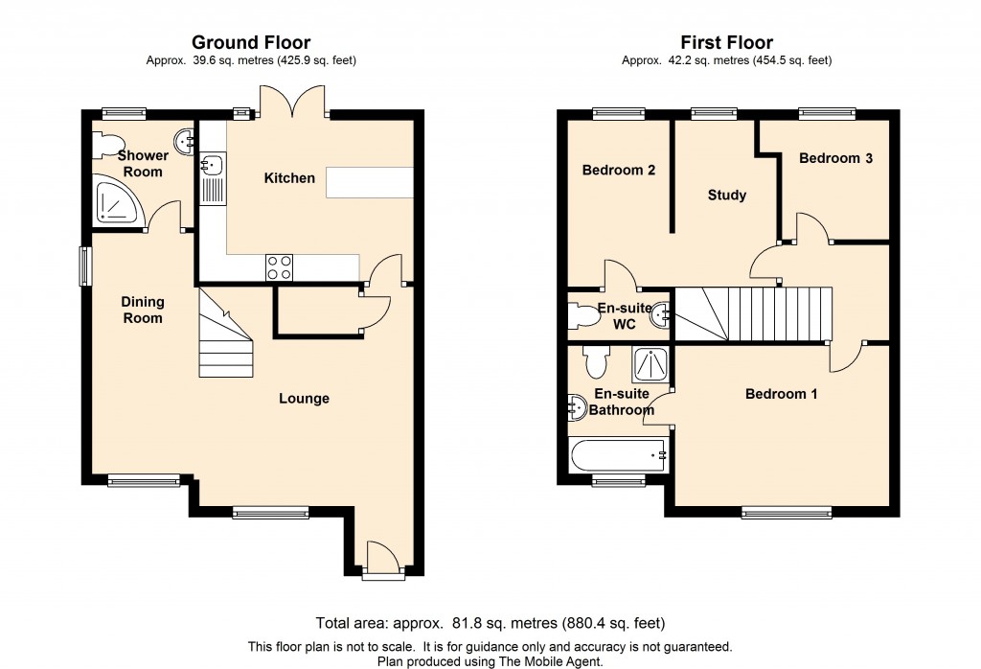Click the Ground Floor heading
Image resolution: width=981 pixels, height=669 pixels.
coord(251,42)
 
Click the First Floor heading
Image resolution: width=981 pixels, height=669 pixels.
coord(726,42)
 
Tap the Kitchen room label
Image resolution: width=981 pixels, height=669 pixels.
coord(289,178)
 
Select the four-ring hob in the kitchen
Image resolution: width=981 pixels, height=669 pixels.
coord(279,267)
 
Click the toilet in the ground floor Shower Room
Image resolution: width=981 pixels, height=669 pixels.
coord(105,145)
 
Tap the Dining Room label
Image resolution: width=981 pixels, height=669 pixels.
coord(143,310)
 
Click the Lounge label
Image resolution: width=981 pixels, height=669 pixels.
coord(304,399)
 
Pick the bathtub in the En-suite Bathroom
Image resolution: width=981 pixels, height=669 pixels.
coord(618,455)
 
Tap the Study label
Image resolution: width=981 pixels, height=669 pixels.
coord(727,196)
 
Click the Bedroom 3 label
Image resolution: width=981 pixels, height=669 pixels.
coord(835,158)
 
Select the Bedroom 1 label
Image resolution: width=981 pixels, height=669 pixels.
coord(782,394)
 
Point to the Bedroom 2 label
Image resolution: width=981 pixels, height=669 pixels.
coord(619,171)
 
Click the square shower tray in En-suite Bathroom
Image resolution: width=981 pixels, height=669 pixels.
coord(650,365)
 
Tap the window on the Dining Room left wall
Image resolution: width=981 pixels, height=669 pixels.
coord(84,266)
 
